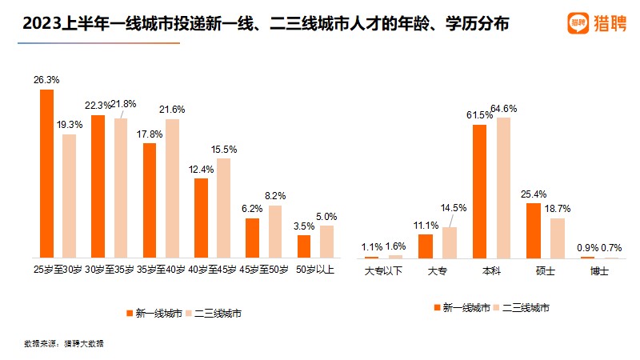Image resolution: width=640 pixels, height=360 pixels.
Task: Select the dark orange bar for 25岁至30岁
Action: [47, 173]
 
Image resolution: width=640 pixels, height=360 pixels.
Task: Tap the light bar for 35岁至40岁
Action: [172, 188]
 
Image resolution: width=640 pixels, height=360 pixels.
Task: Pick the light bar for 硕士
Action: [558, 238]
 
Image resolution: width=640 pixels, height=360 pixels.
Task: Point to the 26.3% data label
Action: [47, 80]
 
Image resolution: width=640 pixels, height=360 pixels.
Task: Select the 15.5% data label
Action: [225, 149]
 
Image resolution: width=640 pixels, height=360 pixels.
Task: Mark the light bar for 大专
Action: [450, 242]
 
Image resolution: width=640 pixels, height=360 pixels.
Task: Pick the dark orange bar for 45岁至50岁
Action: [253, 238]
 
